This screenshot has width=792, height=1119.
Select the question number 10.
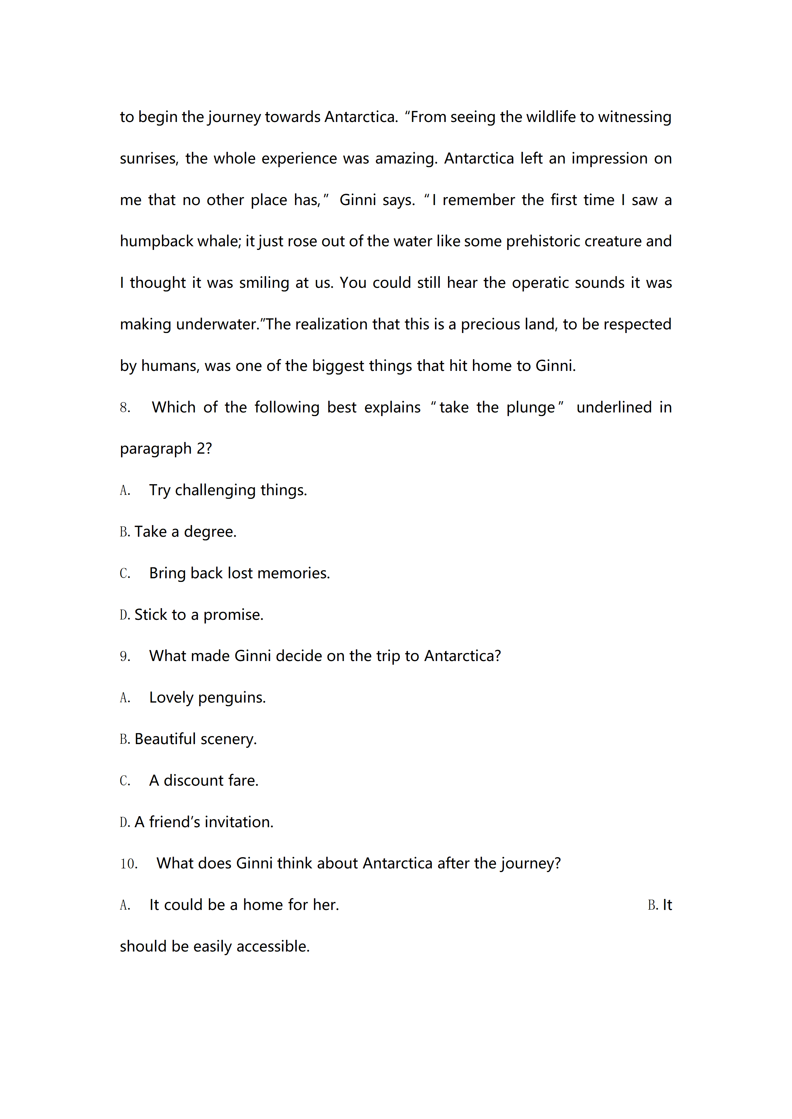pos(129,864)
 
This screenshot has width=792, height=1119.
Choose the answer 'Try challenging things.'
pos(228,490)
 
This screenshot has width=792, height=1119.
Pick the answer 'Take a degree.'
pos(185,532)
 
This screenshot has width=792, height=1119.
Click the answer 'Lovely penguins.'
pos(207,698)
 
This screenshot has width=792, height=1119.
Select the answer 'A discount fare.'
pos(203,780)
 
